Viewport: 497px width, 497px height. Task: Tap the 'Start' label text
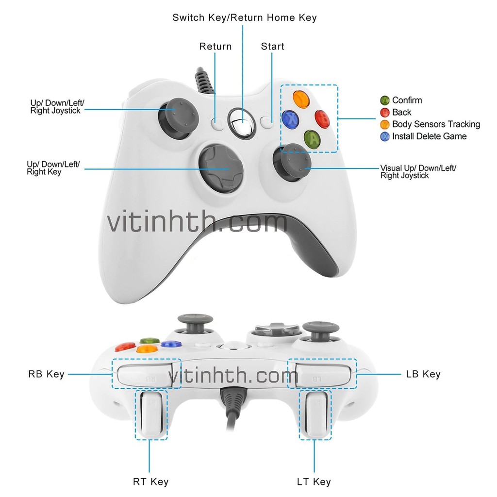(x=272, y=47)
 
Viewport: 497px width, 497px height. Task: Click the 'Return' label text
(x=215, y=47)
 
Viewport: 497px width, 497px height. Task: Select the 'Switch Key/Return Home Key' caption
(x=245, y=18)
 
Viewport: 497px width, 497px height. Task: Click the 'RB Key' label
(x=46, y=374)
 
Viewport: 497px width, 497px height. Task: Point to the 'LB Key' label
(x=423, y=374)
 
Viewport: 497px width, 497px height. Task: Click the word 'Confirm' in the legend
(x=407, y=100)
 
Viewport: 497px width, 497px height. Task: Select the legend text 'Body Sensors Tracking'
(x=436, y=125)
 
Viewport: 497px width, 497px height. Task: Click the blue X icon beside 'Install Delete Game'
(x=385, y=137)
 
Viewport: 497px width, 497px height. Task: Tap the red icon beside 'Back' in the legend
(x=385, y=113)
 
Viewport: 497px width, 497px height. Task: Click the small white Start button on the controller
(x=266, y=122)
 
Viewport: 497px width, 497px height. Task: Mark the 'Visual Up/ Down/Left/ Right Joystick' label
(x=418, y=172)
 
